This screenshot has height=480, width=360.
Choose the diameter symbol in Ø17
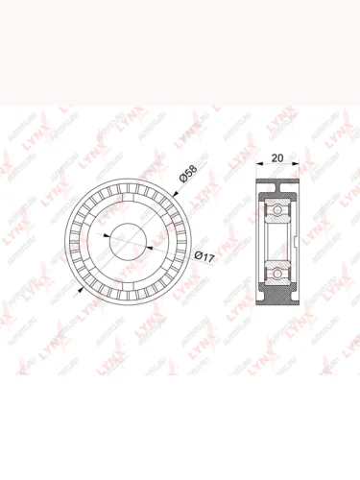[197, 256]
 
